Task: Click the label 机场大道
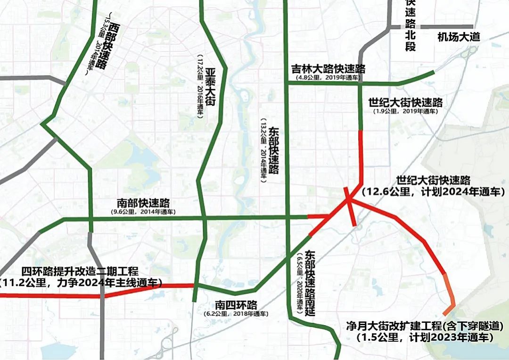click(x=459, y=37)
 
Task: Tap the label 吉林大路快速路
click(x=328, y=69)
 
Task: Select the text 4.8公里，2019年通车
click(x=328, y=77)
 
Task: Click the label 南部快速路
click(x=143, y=204)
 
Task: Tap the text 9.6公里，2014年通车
click(x=143, y=212)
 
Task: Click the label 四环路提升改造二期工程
click(x=80, y=272)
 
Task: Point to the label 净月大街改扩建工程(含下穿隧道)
click(x=425, y=326)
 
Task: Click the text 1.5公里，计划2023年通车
click(x=425, y=337)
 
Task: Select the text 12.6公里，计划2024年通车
click(x=433, y=192)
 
